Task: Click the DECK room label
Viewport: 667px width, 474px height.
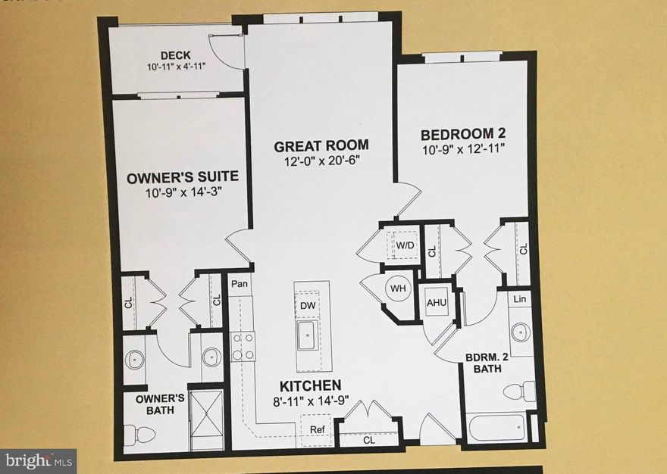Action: [175, 55]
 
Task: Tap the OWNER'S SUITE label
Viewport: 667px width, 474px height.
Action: [183, 176]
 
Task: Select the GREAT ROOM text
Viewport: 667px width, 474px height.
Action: [321, 145]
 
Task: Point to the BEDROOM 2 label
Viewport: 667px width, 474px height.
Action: [462, 135]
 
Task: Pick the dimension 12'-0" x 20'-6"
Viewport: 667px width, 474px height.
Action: [321, 161]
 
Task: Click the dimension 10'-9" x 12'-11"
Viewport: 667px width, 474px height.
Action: [462, 150]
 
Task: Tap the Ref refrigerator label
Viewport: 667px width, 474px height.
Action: [318, 430]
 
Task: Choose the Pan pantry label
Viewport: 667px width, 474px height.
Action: [240, 284]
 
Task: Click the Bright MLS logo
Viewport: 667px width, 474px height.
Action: [38, 459]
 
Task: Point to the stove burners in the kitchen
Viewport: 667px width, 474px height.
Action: [242, 347]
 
